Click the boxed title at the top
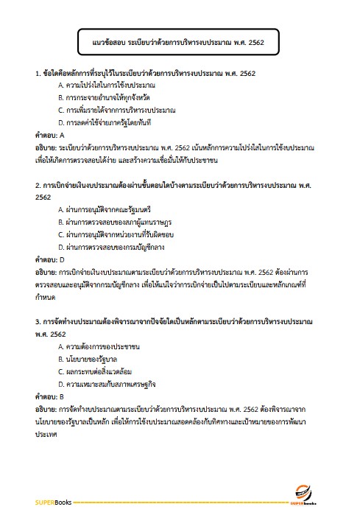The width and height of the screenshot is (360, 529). coord(180,43)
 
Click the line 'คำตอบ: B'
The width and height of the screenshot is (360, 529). coord(50,396)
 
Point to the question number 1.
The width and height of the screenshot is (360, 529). coord(38,74)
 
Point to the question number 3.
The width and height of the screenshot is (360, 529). coord(38,322)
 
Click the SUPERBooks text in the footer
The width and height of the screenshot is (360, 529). coord(51,502)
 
